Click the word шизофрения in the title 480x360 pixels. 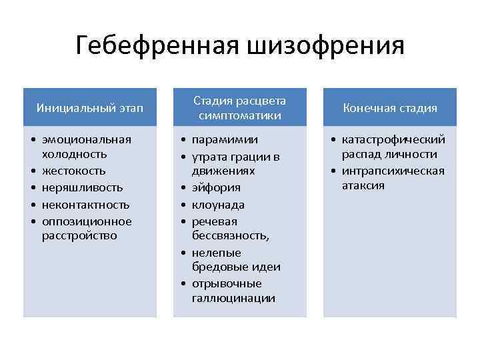326,47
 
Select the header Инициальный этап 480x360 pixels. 89,107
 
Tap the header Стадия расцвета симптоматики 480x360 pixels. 240,108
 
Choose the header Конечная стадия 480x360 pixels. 390,107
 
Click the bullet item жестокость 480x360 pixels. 70,171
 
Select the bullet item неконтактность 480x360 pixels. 85,205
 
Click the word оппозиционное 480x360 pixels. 87,221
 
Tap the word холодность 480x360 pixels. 75,155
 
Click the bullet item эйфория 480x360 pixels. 216,188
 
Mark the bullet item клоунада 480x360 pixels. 218,205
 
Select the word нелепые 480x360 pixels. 216,253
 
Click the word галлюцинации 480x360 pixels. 233,298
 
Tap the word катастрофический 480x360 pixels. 393,139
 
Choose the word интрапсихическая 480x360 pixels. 393,171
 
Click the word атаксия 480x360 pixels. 363,185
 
